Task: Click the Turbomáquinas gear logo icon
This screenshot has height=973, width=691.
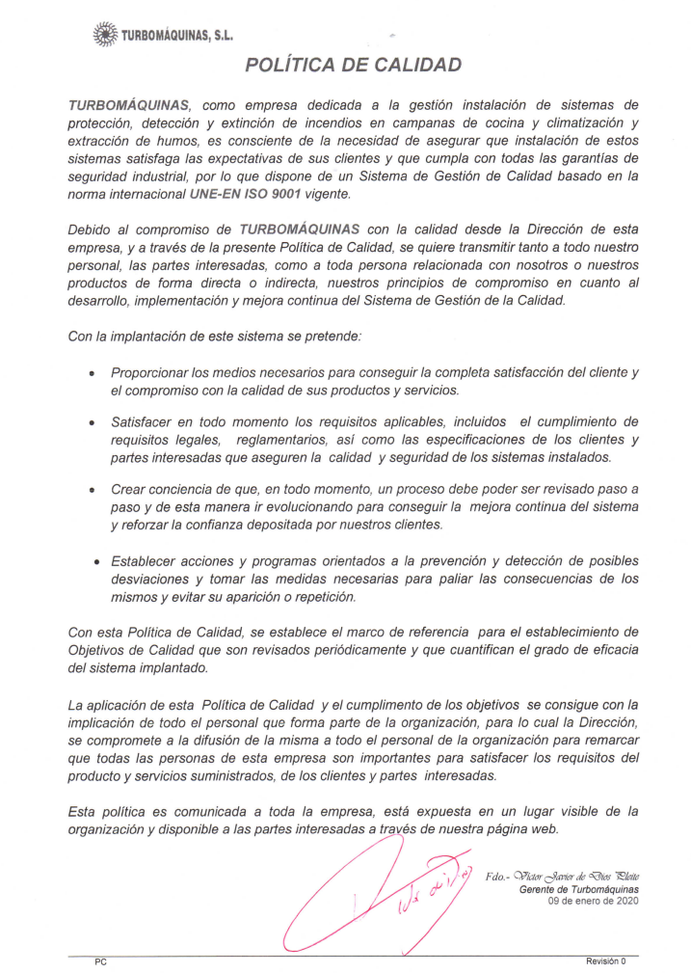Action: coord(104,36)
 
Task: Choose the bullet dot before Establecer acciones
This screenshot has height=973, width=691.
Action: coord(96,561)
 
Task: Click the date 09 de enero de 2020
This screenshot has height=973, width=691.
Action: coord(593,901)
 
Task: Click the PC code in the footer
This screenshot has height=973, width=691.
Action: coord(100,961)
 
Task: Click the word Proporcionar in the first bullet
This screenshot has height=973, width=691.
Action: coord(155,372)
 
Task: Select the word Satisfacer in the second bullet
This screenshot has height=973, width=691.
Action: coord(146,421)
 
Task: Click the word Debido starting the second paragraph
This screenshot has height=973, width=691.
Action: coord(91,230)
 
